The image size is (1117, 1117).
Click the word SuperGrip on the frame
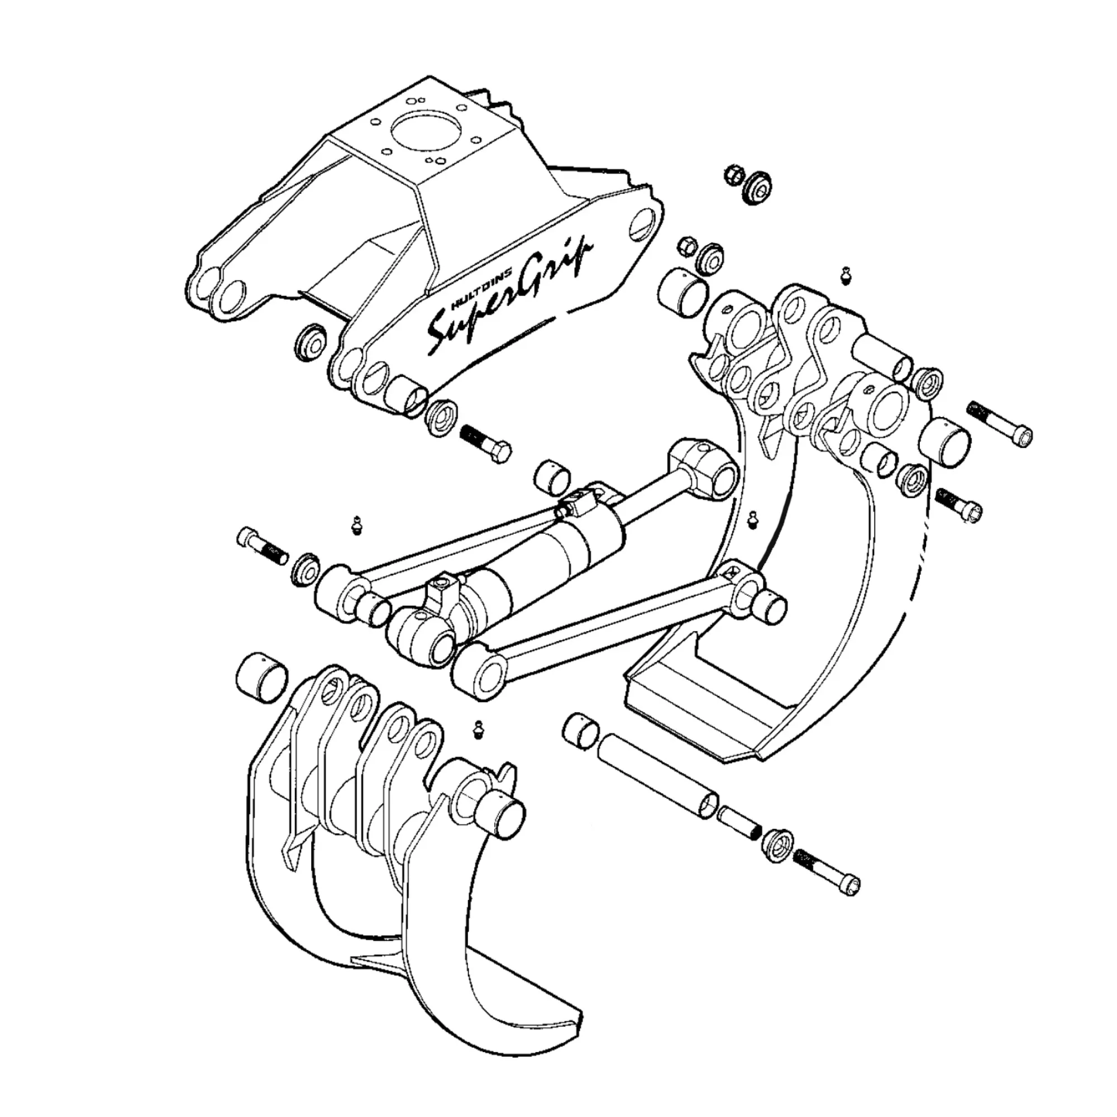[509, 300]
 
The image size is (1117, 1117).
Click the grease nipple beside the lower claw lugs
[478, 729]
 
